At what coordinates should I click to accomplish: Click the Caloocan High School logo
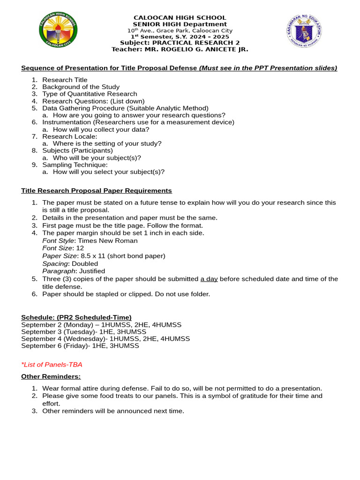tap(58, 30)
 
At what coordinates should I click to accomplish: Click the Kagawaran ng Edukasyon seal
tap(304, 31)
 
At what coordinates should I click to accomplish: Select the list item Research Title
tap(65, 80)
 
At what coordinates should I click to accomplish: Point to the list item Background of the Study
tap(81, 87)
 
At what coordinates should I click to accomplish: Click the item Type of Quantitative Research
tap(90, 94)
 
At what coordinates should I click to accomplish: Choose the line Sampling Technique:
tap(75, 165)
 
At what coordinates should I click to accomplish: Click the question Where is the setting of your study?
tap(107, 143)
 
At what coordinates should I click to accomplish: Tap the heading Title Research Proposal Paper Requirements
tap(97, 191)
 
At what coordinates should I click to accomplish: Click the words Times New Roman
tap(108, 240)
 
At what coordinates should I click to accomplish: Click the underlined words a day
tap(209, 279)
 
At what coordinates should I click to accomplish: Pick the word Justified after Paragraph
tap(92, 271)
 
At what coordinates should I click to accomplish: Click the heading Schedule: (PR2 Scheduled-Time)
tap(76, 317)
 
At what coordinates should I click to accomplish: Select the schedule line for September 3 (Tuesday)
tap(83, 331)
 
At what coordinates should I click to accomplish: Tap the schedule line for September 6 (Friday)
tap(80, 345)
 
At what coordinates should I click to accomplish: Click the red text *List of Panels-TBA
tap(52, 364)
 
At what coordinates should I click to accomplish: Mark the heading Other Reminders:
tap(51, 376)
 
